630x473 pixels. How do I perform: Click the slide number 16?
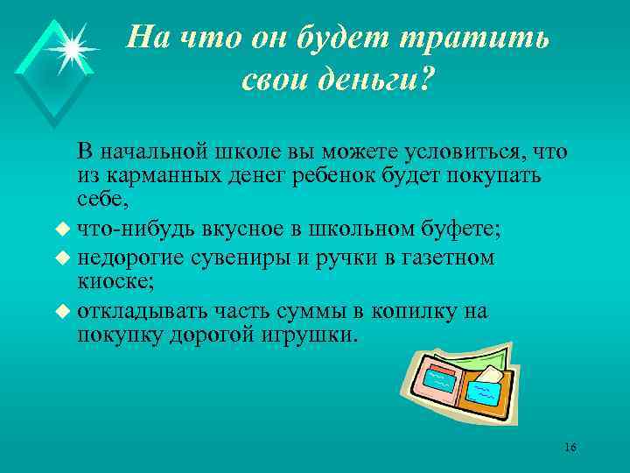pos(570,448)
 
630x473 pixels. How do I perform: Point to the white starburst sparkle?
pos(70,47)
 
